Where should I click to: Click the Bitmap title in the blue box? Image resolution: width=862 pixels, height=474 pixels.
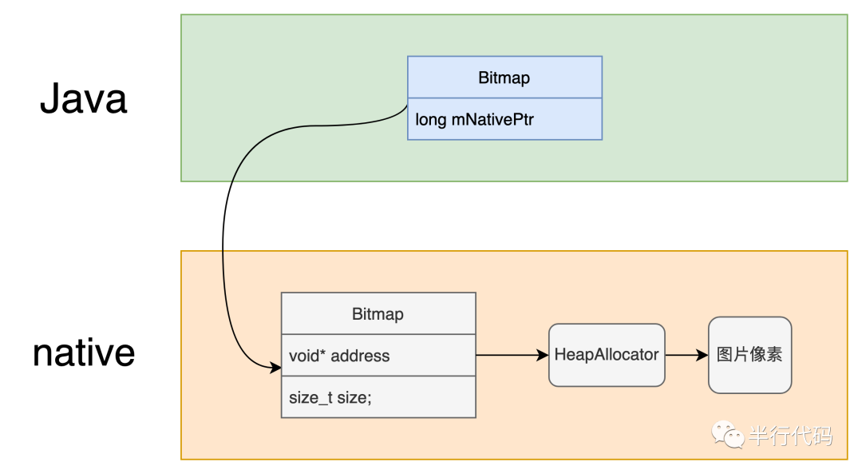tap(504, 78)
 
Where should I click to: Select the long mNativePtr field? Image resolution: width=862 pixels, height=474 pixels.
tap(504, 119)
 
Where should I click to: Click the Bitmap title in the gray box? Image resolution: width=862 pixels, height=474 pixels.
tap(378, 313)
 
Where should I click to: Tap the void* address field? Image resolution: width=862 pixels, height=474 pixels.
tap(378, 356)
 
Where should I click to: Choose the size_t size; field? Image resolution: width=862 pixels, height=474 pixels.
tap(378, 397)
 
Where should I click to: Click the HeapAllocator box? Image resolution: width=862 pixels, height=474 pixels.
tap(607, 354)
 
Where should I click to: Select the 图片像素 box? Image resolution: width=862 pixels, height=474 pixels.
tap(749, 354)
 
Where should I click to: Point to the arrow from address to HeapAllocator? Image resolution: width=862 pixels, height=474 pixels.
tap(511, 355)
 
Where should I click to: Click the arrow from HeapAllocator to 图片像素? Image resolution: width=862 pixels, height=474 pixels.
tap(685, 355)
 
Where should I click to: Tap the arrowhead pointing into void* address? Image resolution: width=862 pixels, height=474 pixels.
tap(276, 368)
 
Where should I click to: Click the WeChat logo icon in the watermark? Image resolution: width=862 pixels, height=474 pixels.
tap(729, 436)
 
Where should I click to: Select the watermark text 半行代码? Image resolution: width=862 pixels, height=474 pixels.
tap(790, 436)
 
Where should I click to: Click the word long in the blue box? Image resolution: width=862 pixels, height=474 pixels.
tap(430, 119)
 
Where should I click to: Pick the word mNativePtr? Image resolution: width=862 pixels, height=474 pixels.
tap(492, 119)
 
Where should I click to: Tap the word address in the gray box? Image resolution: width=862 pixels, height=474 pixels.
tap(360, 356)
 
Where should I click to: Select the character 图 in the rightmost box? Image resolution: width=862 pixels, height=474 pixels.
tap(726, 354)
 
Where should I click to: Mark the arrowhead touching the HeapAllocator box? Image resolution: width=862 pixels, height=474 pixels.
tap(544, 355)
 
